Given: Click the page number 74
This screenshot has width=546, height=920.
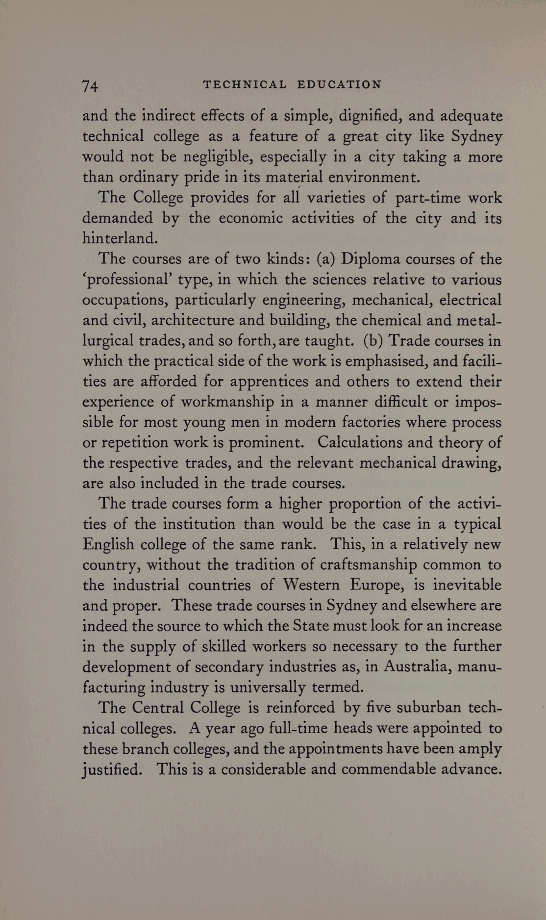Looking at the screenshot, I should point(90,86).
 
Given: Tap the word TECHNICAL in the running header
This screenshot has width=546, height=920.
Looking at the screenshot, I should point(245,84).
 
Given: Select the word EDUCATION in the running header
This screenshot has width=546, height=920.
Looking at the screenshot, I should point(339,84).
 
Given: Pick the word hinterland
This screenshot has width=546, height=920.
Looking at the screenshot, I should point(120,238).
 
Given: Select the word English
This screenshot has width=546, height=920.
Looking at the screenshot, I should point(108,545).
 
